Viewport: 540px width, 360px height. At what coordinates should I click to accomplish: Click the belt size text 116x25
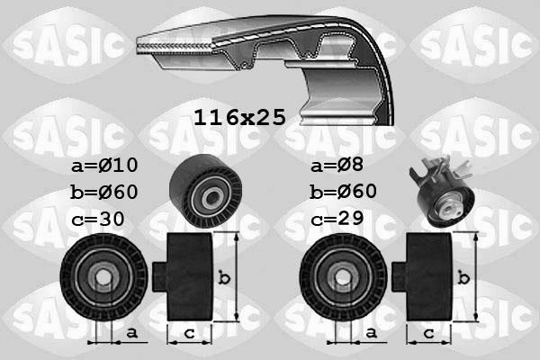coord(239,117)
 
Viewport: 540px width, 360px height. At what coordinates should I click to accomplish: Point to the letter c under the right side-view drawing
coord(428,334)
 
